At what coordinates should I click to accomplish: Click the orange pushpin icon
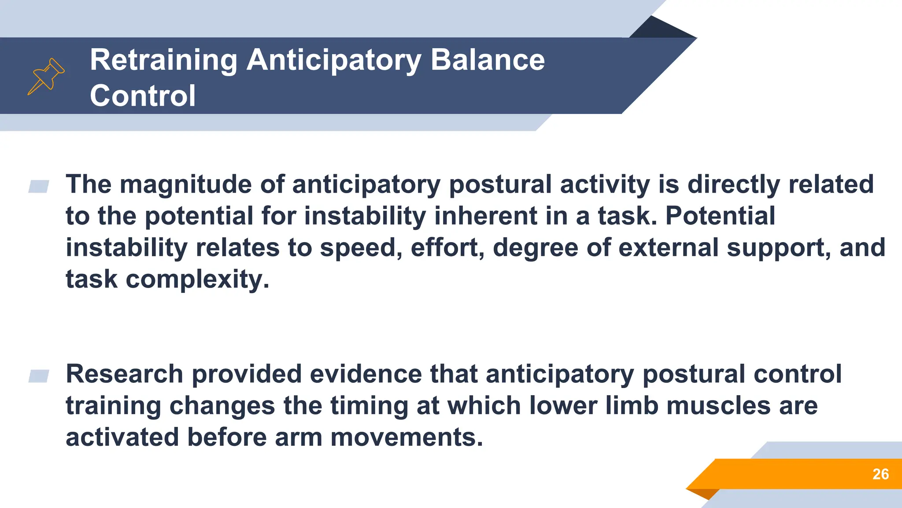click(x=46, y=76)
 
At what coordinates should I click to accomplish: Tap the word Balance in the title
click(x=488, y=60)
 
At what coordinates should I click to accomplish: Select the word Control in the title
click(x=143, y=96)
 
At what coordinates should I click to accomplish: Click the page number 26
click(x=880, y=474)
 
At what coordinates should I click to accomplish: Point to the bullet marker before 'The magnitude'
click(x=39, y=187)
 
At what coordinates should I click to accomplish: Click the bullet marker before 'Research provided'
click(x=39, y=376)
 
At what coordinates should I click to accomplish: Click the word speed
click(x=360, y=248)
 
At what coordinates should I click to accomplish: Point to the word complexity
click(x=197, y=280)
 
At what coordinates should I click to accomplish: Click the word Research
click(x=124, y=374)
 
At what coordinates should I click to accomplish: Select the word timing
click(x=369, y=406)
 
